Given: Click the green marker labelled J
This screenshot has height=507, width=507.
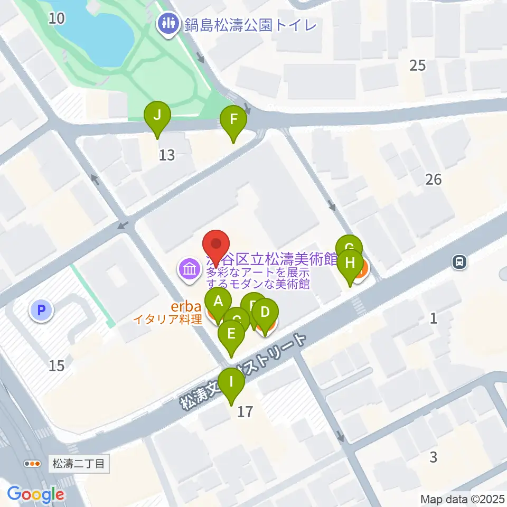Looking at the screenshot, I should pos(157,115).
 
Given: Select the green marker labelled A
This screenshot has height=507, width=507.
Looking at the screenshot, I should pos(218,302).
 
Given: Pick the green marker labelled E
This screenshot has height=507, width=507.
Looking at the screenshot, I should pos(231,334).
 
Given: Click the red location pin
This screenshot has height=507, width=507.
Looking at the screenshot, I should pos(217,245).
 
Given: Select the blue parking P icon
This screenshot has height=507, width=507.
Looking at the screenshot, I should pos(41,310).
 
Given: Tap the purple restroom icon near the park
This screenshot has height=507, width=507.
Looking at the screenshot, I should pos(168,24).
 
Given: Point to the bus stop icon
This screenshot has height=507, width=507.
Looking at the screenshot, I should pos(459,261).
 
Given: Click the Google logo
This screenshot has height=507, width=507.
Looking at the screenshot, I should pos(35,495).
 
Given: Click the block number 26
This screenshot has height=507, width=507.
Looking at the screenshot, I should pos(433,180).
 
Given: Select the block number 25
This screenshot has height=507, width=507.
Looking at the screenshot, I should pos(417,65).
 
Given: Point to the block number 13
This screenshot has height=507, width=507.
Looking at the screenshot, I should pos(167,155).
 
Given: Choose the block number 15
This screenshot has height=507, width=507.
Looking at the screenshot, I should pos(57,365).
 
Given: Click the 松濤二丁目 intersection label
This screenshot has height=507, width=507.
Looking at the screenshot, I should pos(80,464).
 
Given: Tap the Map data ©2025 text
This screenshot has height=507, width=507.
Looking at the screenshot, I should pos(463,499).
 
